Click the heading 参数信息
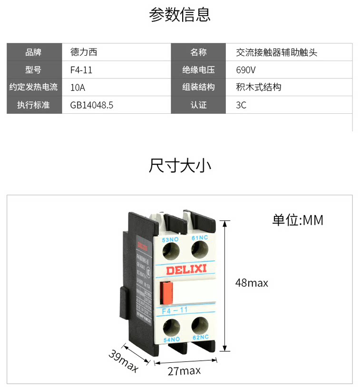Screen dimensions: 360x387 (180, 15)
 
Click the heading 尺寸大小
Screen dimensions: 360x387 (180, 166)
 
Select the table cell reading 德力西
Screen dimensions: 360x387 (84, 52)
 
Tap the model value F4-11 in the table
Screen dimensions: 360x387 (81, 70)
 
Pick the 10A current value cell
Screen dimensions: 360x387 (78, 88)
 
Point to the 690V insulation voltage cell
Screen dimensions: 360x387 (246, 70)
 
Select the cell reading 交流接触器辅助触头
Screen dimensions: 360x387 (276, 52)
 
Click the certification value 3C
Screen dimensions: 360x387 (241, 105)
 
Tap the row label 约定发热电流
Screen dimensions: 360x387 (34, 88)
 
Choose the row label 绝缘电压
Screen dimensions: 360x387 (198, 70)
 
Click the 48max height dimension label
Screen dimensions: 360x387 (252, 283)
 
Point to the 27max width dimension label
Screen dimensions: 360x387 (184, 371)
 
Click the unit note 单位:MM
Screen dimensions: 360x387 (298, 220)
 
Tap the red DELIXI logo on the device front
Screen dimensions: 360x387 (186, 270)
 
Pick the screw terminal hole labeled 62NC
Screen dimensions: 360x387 (200, 327)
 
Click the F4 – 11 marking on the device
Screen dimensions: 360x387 (175, 310)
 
